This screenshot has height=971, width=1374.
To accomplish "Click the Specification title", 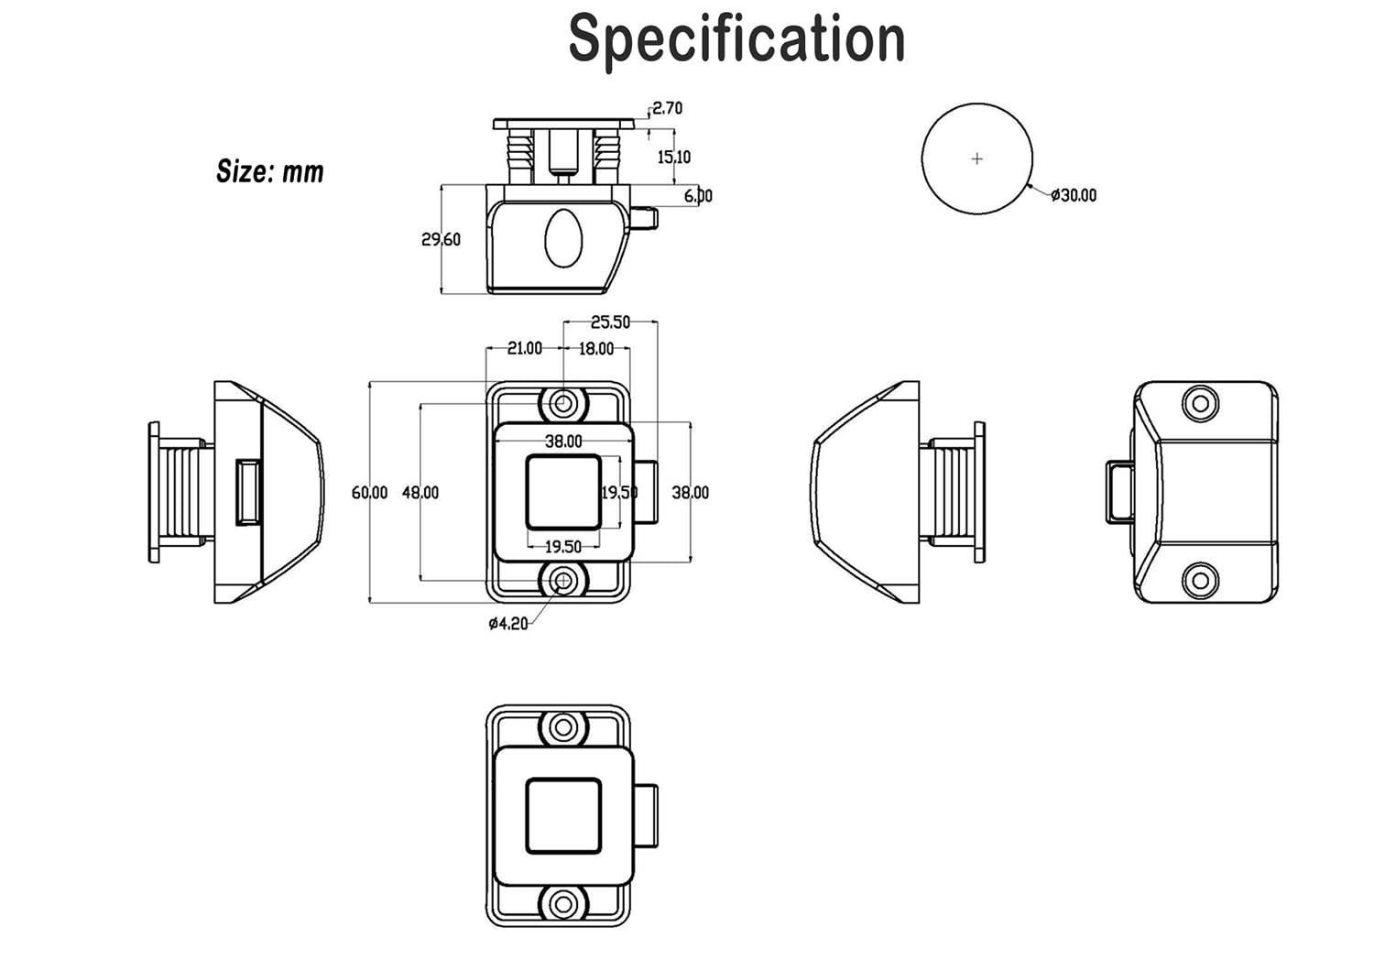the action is click(736, 40).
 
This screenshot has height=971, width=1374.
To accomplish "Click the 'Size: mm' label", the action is click(270, 171).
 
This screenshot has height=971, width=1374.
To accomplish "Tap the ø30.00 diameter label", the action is click(1074, 195).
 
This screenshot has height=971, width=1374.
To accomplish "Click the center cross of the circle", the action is click(977, 158).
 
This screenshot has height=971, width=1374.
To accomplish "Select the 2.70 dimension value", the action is click(668, 108).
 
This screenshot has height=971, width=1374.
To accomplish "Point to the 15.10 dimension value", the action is click(674, 157).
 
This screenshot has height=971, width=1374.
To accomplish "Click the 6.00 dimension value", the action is click(698, 196).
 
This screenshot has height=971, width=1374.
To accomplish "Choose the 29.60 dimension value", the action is click(441, 239).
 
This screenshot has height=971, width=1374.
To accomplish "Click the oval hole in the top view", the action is click(563, 238).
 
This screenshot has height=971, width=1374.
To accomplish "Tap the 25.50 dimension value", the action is click(610, 322).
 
